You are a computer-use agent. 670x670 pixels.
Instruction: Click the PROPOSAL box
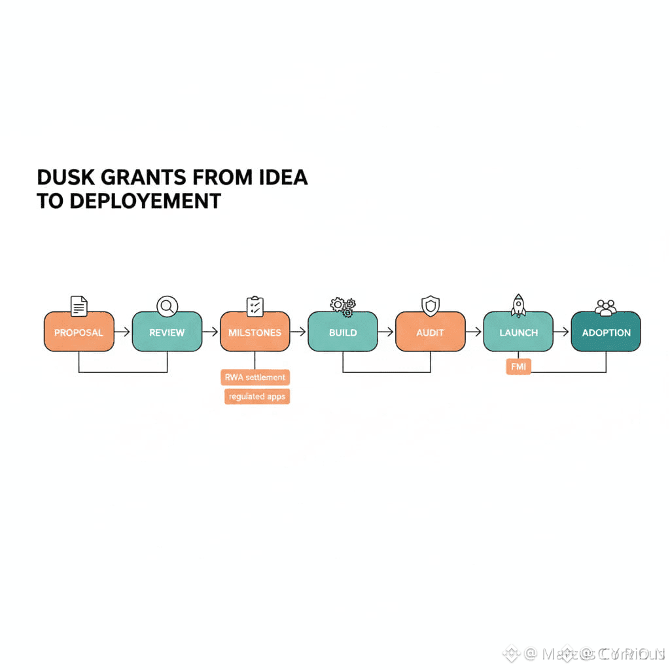coord(79,332)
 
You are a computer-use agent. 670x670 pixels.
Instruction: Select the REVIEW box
coord(167,332)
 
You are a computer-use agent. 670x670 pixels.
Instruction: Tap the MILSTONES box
coord(255,332)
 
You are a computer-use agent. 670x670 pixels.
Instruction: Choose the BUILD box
coord(342,332)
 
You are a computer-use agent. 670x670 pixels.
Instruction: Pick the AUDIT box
coord(430,332)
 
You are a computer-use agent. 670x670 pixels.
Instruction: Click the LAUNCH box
coord(518,332)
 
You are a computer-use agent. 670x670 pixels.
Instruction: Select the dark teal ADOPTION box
coord(606,332)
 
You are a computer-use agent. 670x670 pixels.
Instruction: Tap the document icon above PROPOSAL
coord(79,306)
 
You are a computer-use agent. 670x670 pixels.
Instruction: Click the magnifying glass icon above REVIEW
coord(167,306)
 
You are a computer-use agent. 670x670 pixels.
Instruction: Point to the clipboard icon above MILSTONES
coord(255,306)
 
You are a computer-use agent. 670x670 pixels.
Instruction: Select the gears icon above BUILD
coord(343,306)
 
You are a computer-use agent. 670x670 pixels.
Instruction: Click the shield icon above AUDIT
coord(430,306)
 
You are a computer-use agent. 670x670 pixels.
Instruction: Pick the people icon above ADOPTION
coord(606,307)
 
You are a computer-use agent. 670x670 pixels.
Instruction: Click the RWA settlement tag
coord(255,378)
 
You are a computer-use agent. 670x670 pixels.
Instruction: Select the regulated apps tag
coord(257,397)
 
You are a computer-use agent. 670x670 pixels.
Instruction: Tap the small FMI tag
coord(518,367)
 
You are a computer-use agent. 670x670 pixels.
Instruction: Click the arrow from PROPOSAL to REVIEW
coord(122,332)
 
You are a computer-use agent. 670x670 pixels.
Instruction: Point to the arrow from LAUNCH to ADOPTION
coord(562,332)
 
